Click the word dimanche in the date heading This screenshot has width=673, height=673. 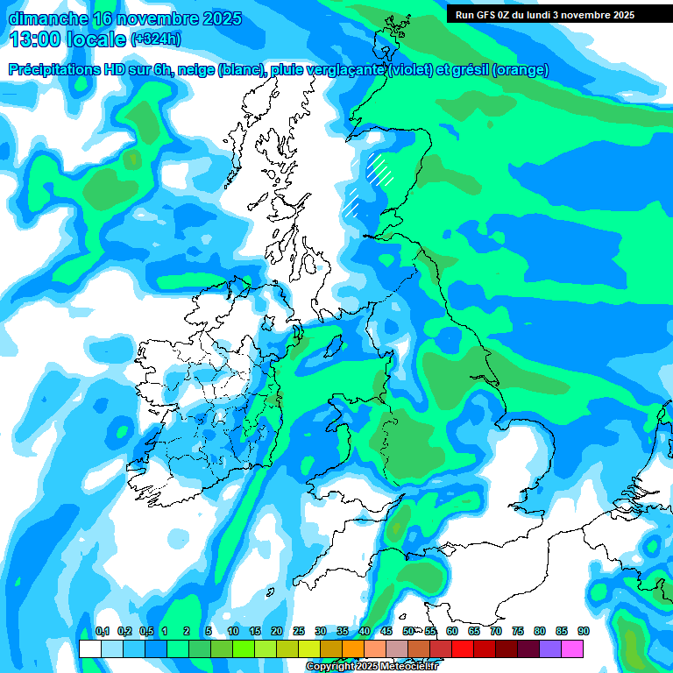coord(46,18)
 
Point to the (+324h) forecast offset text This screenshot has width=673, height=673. coord(156,39)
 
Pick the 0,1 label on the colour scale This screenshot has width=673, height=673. coord(103,632)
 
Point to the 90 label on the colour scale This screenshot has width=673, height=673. coord(584,632)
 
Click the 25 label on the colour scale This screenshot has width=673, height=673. coord(299,632)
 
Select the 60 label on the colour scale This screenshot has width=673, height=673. coord(452,632)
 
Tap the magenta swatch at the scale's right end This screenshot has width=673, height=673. coord(573,648)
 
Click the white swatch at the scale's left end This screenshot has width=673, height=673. coord(89,648)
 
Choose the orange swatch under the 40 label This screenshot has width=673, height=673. coord(353,648)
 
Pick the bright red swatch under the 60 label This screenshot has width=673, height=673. coord(463,648)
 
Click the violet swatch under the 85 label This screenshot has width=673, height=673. coord(551,648)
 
